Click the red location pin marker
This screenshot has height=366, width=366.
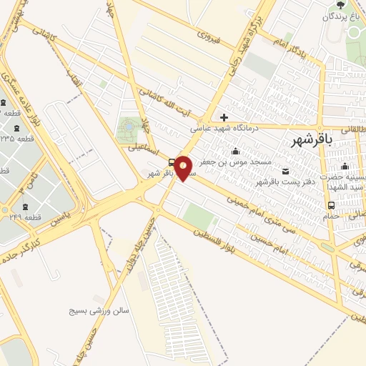(x=183, y=167)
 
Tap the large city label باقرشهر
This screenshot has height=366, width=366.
(x=313, y=141)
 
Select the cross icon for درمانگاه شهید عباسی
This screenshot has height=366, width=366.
(x=224, y=117)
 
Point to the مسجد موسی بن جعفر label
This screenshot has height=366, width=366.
(x=227, y=163)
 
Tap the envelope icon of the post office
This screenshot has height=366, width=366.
(x=285, y=170)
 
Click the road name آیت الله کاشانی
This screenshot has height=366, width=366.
(x=165, y=104)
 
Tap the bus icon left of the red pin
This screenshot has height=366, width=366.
(x=171, y=162)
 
